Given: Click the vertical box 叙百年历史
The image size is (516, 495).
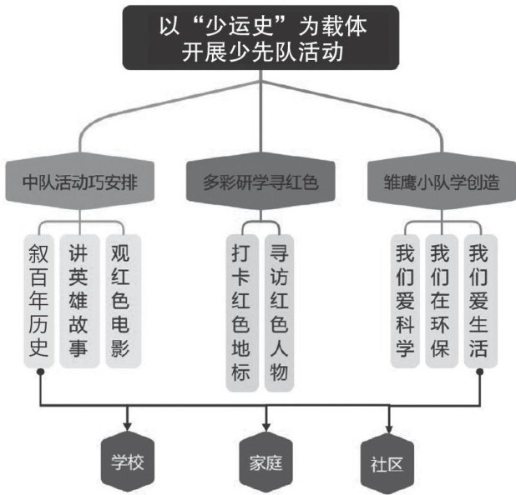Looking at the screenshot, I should click(39, 301).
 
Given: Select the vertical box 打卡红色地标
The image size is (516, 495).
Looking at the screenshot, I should click(240, 312).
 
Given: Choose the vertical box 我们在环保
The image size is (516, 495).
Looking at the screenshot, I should click(442, 301).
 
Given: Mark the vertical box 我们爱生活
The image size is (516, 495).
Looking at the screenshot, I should click(479, 301).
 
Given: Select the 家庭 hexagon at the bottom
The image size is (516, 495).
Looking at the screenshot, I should click(266, 460).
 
